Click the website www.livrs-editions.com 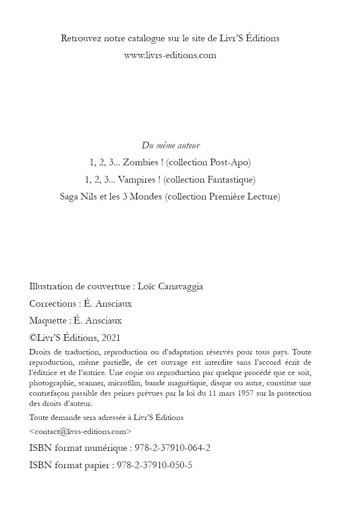[170, 55]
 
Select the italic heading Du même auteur [171, 145]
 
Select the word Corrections [52, 304]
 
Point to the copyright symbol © [33, 338]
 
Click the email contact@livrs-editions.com [81, 431]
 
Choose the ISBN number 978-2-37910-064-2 [173, 448]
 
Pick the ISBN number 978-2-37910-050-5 [155, 465]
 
